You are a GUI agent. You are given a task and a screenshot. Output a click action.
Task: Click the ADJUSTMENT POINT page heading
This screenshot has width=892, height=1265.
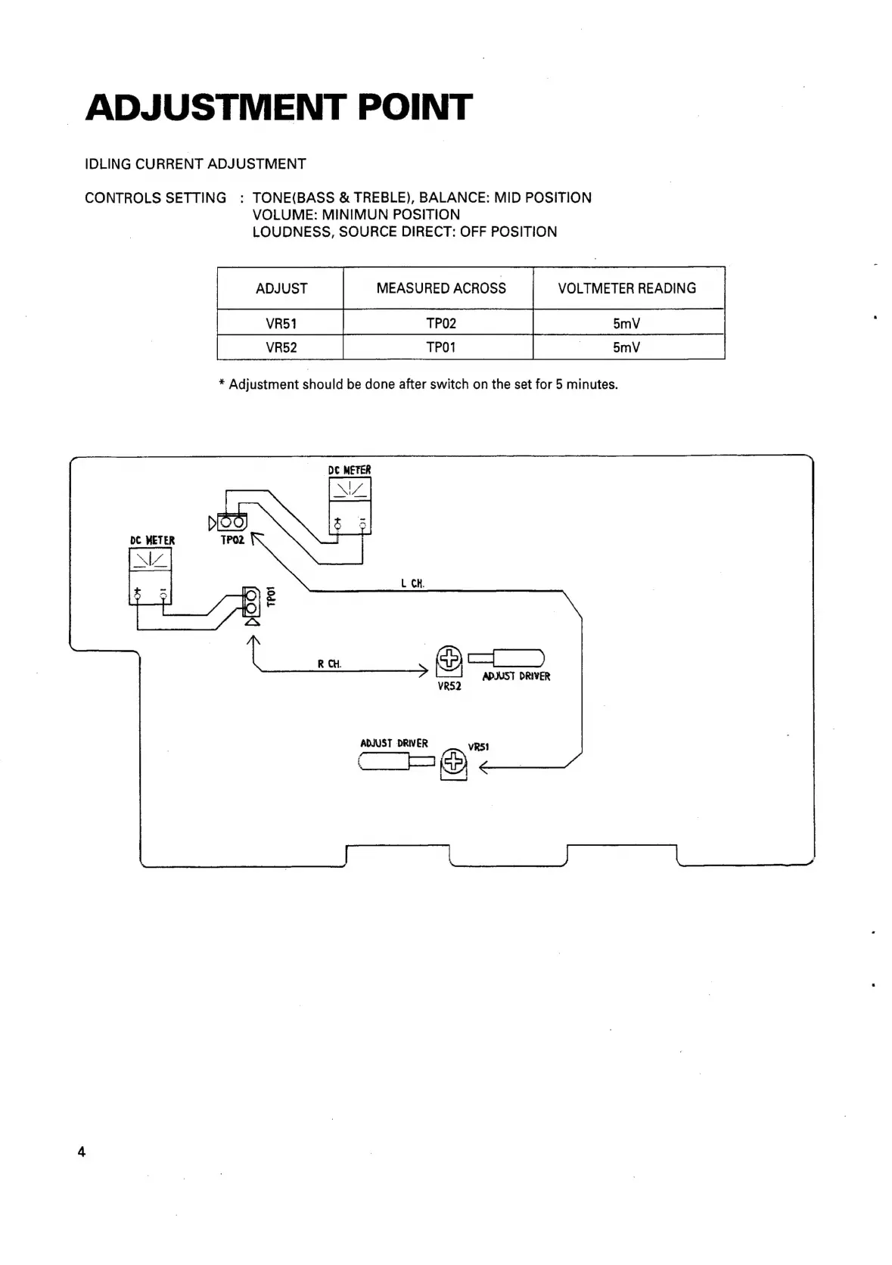tap(278, 107)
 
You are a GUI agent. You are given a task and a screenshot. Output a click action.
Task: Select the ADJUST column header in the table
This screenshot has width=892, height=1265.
tap(281, 288)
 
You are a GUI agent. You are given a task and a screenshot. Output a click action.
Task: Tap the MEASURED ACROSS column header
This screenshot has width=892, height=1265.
tap(441, 288)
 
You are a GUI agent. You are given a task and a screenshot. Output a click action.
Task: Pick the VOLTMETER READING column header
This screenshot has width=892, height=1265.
tap(627, 288)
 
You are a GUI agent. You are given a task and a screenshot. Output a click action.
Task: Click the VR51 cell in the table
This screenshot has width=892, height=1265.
tap(281, 324)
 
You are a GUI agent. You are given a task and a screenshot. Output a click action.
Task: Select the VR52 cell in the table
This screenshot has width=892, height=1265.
tap(281, 348)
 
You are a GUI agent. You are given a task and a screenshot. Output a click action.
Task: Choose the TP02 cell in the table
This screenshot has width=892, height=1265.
tap(441, 324)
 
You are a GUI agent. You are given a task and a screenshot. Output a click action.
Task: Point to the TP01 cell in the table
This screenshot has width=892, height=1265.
tap(441, 348)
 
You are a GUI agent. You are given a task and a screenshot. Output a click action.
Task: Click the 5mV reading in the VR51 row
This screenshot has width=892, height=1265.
tap(626, 324)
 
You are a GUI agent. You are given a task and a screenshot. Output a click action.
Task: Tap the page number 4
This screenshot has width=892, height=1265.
tap(82, 1152)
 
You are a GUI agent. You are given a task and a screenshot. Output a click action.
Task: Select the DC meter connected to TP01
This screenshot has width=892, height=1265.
tap(151, 576)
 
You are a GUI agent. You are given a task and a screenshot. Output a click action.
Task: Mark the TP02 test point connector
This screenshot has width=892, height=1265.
tap(232, 522)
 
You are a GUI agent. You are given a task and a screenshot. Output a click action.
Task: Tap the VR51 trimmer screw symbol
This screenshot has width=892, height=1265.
tap(453, 762)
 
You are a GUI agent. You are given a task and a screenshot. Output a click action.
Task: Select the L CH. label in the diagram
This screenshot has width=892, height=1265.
tap(412, 583)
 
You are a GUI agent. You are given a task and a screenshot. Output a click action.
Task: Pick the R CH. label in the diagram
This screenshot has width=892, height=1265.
tap(329, 664)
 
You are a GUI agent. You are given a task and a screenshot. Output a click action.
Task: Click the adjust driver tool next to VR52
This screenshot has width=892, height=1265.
tap(507, 657)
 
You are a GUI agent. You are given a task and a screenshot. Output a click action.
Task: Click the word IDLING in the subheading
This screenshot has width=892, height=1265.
tap(108, 164)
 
